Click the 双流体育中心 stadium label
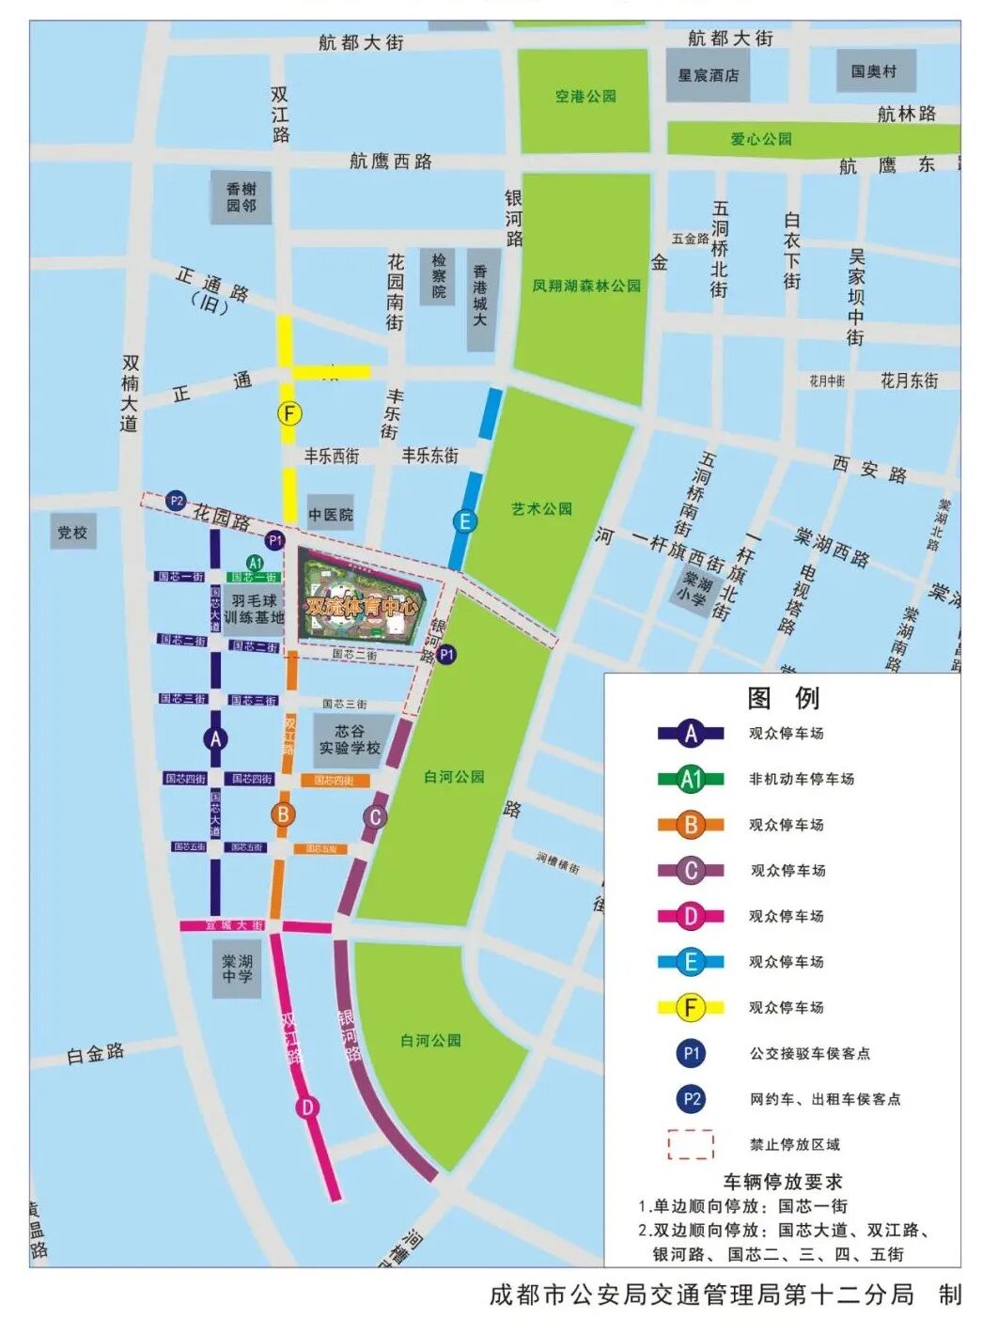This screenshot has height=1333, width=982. coord(361,606)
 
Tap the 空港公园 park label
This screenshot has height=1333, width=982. coord(585,96)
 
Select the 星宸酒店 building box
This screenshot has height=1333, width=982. coord(708,75)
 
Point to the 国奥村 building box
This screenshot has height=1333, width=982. coord(874,71)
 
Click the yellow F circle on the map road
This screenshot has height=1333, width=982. coord(289,413)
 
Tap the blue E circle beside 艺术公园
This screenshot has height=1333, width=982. coord(463,521)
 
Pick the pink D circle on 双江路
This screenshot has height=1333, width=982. coord(307,1108)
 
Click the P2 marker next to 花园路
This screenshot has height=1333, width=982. coord(176,501)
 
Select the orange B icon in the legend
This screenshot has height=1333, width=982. coord(691,825)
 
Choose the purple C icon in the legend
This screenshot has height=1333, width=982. coord(691,871)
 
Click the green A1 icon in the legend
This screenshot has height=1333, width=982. coord(691,779)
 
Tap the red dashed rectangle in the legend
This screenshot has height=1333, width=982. coord(691,1144)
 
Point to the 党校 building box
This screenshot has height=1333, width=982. coord(72,533)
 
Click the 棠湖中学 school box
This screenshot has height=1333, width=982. coord(237,969)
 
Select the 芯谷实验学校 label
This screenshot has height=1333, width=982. coord(349,739)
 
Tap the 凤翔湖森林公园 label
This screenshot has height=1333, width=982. coord(586,285)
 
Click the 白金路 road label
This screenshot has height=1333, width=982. coord(95,1054)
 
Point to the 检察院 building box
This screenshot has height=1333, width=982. coord(439,276)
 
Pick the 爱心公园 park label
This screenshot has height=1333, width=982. coord(761,139)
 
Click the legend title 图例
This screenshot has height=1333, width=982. coord(783,698)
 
